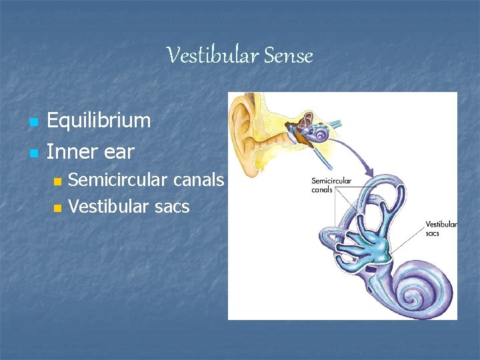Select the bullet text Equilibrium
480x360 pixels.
click(99, 121)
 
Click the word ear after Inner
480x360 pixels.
click(118, 152)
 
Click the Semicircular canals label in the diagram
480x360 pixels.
click(331, 185)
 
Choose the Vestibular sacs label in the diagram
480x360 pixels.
click(441, 229)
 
